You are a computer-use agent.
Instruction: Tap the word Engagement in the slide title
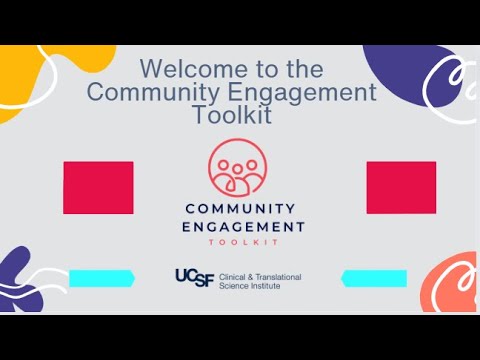tap(309, 92)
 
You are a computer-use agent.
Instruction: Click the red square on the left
tap(98, 188)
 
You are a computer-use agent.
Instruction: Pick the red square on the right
tap(401, 188)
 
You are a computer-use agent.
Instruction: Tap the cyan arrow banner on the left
tap(101, 278)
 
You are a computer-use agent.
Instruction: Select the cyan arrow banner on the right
tap(374, 278)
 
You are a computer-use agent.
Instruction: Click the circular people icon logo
tap(238, 168)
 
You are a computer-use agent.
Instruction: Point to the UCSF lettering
tap(193, 277)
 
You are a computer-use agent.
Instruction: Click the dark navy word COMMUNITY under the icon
tap(240, 209)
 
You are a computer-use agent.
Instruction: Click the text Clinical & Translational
tap(259, 276)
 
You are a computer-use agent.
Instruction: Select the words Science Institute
tap(252, 286)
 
